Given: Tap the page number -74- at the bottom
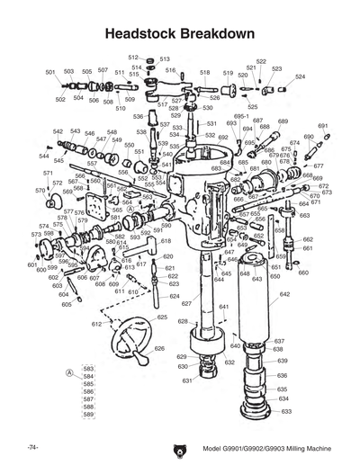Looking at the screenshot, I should (31, 447).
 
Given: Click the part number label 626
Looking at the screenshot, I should (159, 348).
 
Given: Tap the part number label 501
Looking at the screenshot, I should (49, 71).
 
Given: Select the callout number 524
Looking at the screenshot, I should (299, 77).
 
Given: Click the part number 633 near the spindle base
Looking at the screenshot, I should (286, 411).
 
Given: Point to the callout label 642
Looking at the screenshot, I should (284, 294).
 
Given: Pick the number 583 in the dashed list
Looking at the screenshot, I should (88, 369).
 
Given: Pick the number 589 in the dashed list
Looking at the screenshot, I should (88, 415).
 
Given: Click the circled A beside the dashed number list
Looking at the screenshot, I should (69, 371).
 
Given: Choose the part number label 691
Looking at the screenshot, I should (322, 126).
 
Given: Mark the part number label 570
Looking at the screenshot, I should (40, 191).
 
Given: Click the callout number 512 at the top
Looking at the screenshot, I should (132, 57).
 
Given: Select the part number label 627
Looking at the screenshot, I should (186, 304).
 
